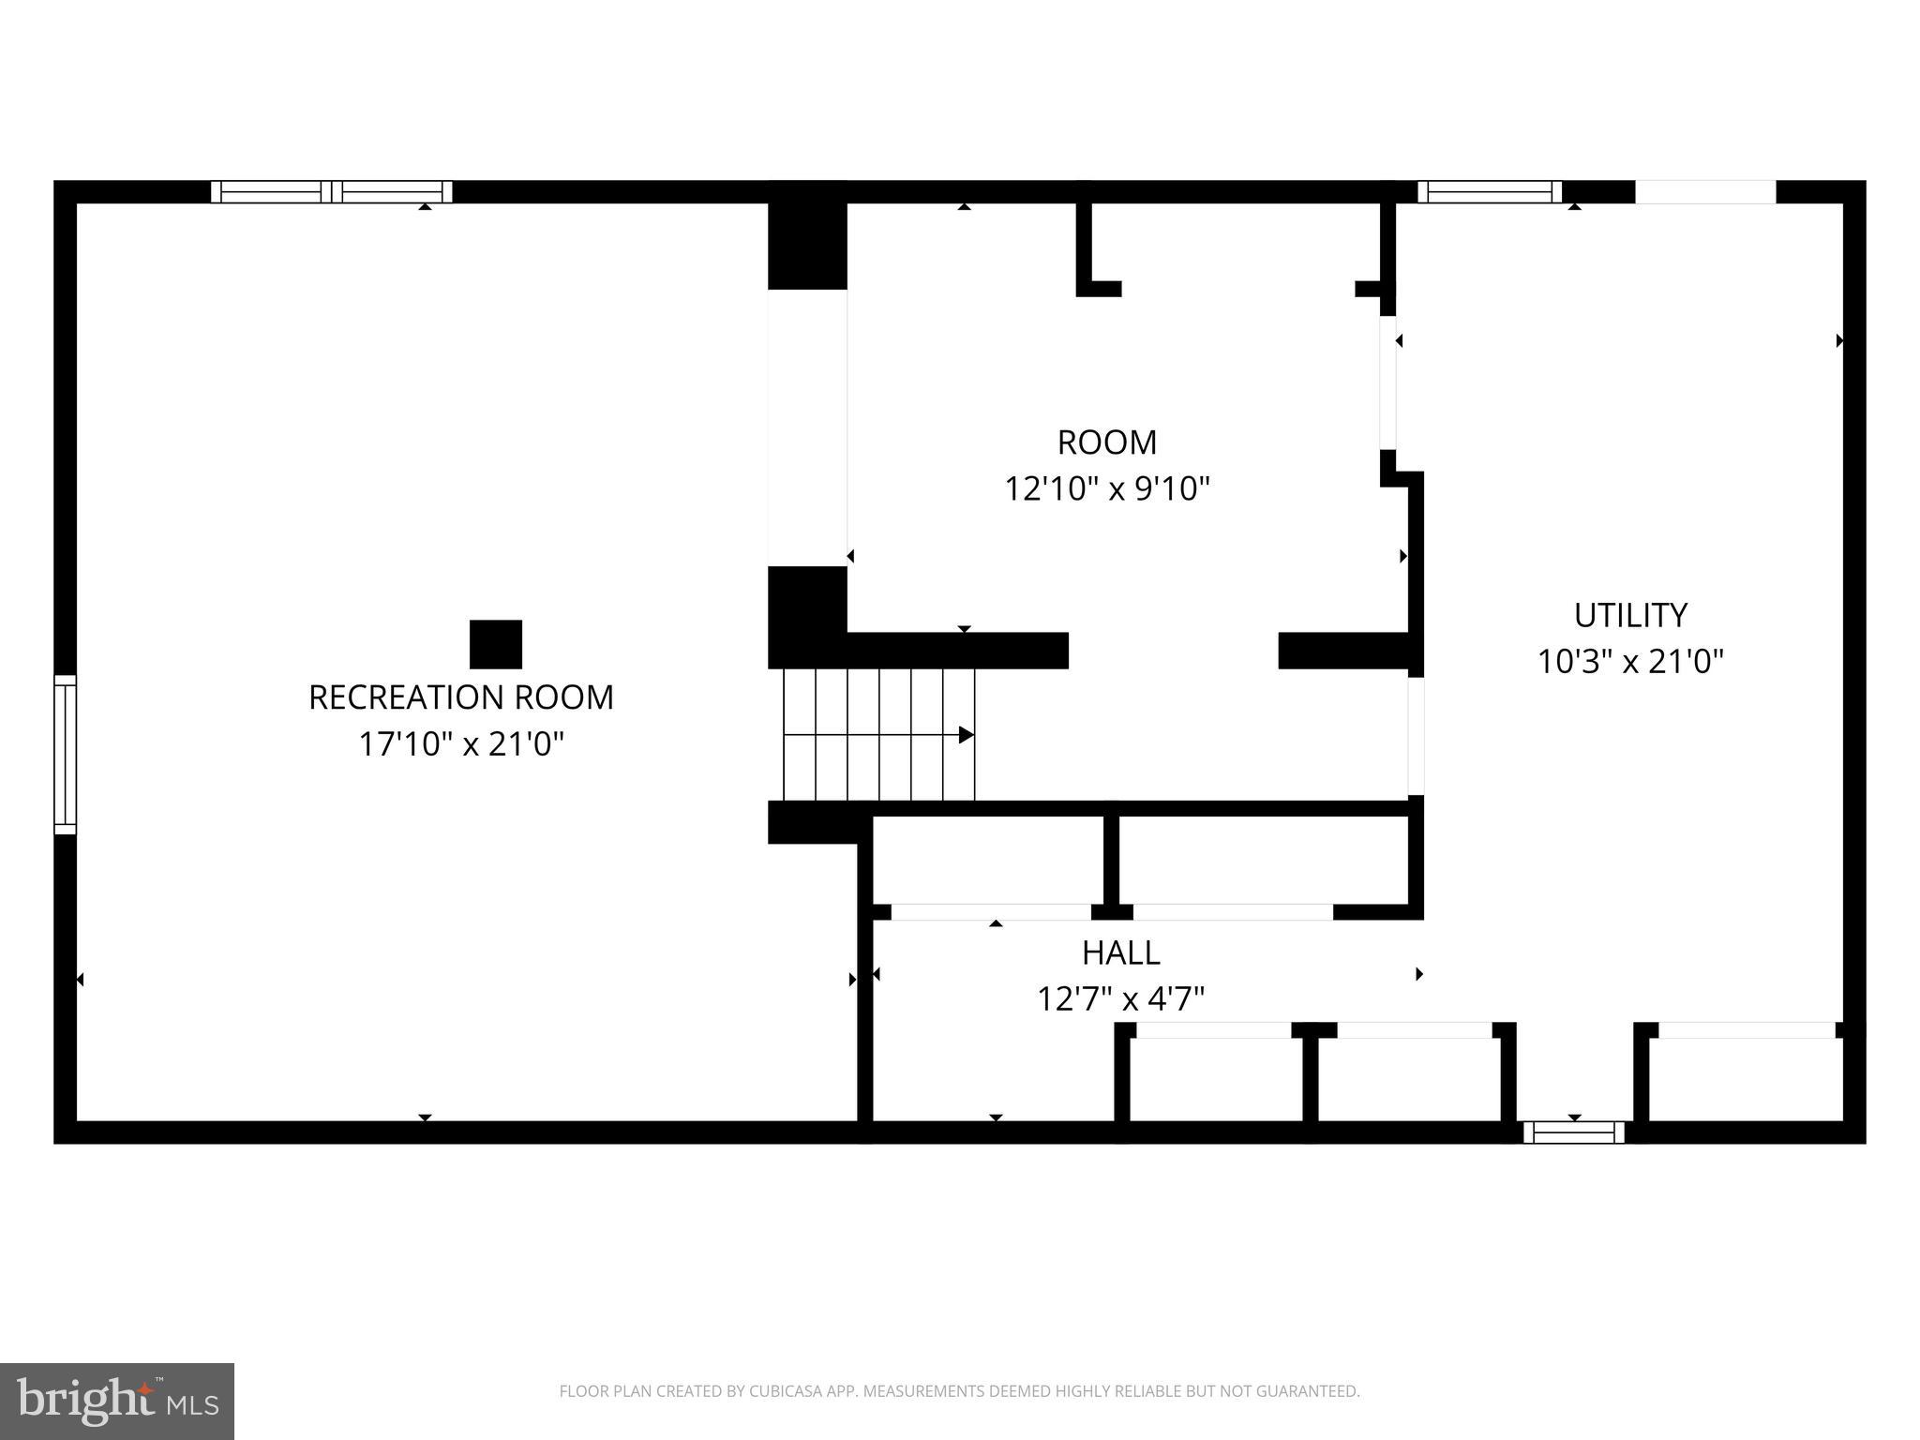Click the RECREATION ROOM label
point(460,697)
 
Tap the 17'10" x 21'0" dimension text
point(461,744)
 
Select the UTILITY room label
point(1630,616)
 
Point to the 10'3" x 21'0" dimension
point(1630,662)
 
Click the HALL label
point(1120,953)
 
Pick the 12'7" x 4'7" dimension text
point(1120,999)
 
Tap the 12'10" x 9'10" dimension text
point(1107,489)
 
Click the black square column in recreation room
point(495,644)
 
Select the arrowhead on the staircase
point(966,735)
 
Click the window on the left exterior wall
point(65,754)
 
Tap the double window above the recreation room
point(331,192)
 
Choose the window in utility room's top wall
point(1489,192)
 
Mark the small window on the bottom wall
point(1573,1132)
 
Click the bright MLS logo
point(116,1402)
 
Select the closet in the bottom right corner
point(1746,1078)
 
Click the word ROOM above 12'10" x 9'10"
point(1106,442)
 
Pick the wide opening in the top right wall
point(1704,192)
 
